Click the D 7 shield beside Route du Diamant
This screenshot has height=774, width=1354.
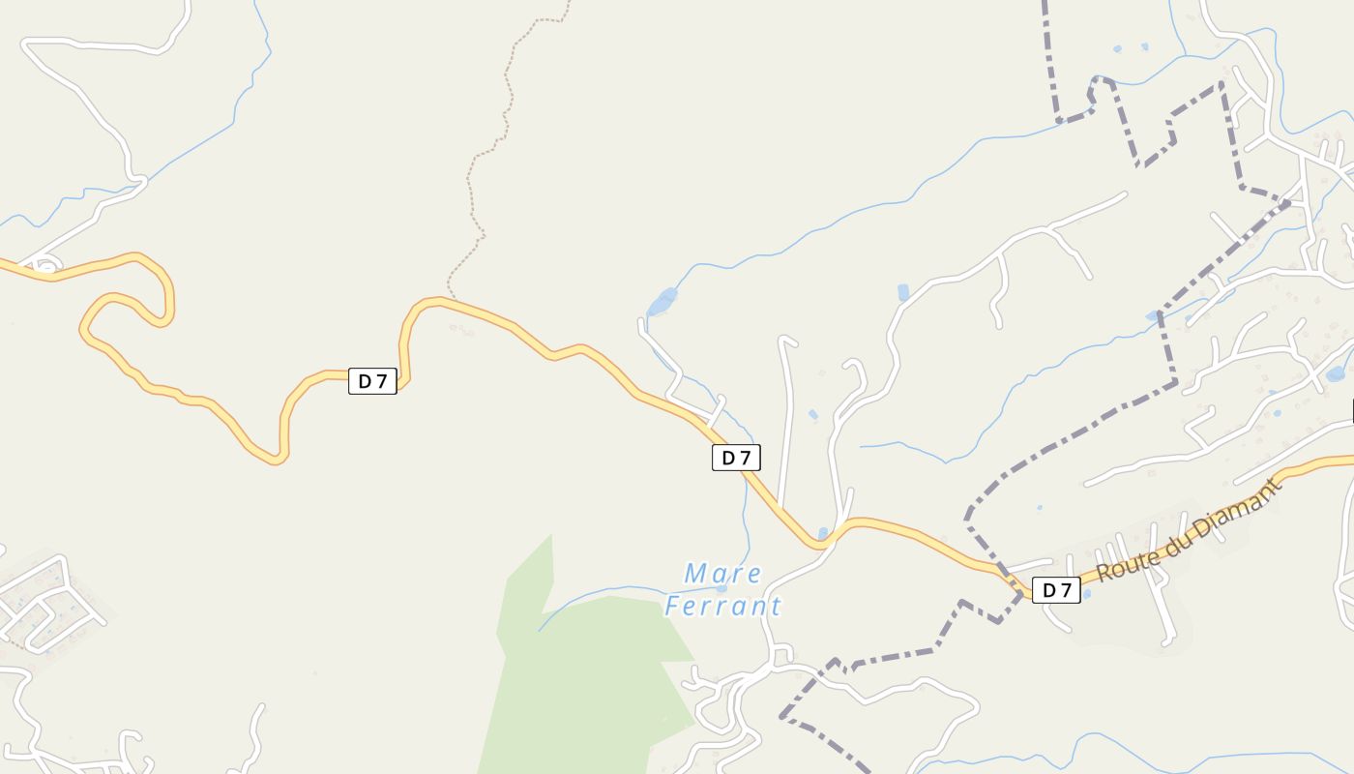tap(1056, 590)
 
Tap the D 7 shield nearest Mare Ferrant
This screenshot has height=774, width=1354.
tap(736, 458)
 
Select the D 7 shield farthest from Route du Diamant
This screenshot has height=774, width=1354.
tap(372, 381)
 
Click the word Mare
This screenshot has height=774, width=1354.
tap(722, 574)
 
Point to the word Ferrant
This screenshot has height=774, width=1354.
tap(722, 607)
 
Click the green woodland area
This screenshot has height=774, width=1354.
tap(590, 668)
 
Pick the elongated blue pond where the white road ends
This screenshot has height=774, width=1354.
tap(662, 302)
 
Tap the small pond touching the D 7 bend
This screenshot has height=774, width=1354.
tap(823, 533)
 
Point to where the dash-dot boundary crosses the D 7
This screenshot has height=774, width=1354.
tap(1017, 589)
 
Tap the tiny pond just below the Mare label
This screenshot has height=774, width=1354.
tap(721, 588)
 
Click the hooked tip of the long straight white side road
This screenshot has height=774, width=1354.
tap(786, 340)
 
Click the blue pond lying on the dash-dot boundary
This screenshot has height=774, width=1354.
tap(1153, 315)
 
